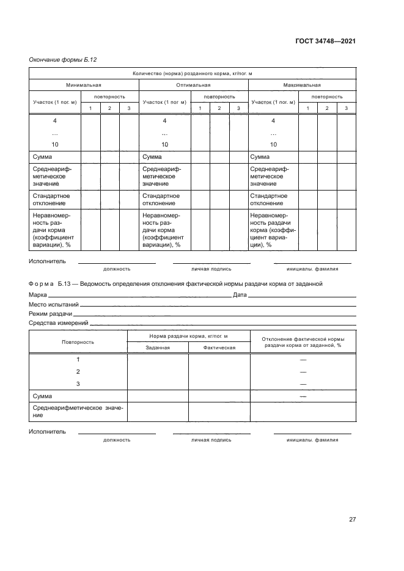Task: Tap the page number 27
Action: click(352, 519)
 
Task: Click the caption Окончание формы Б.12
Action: click(63, 59)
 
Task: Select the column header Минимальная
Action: click(84, 85)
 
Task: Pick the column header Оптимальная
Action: click(193, 85)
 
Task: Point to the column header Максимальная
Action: click(302, 85)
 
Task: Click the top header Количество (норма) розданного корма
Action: click(193, 74)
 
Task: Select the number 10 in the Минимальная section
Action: click(55, 145)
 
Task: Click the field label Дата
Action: click(240, 295)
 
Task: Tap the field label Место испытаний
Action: click(54, 304)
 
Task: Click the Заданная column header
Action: click(157, 347)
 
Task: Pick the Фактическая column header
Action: click(219, 347)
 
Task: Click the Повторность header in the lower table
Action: click(78, 342)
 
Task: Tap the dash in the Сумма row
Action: click(303, 396)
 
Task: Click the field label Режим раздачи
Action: click(50, 313)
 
